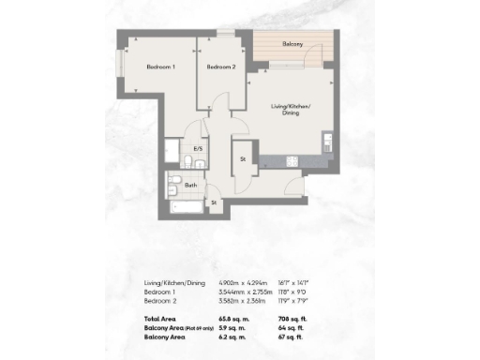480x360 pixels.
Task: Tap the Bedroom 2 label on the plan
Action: (220, 67)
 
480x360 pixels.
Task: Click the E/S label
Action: (198, 149)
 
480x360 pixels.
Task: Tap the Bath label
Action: (190, 185)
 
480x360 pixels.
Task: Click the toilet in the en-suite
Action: (189, 163)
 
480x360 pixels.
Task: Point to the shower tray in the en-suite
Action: (174, 151)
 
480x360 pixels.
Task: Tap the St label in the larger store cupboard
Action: (243, 157)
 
